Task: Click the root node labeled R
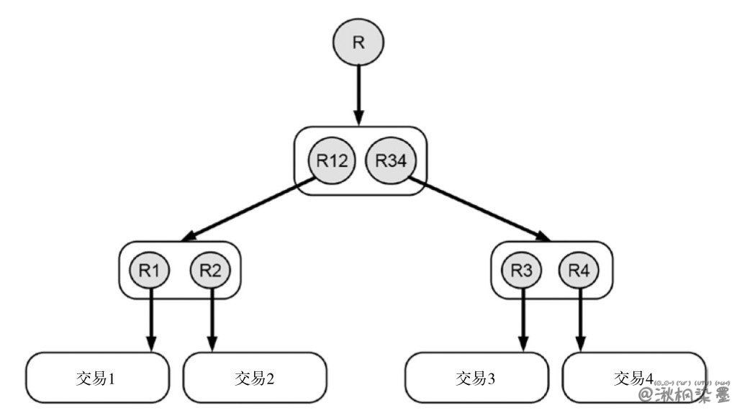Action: pyautogui.click(x=358, y=42)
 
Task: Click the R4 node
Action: pyautogui.click(x=580, y=270)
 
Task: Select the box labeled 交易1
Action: pyautogui.click(x=98, y=377)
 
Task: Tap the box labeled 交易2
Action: pyautogui.click(x=255, y=377)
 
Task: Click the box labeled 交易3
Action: pyautogui.click(x=476, y=377)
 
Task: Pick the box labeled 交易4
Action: pyautogui.click(x=619, y=377)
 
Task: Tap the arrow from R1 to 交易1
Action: pyautogui.click(x=151, y=320)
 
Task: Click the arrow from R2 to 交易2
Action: pyautogui.click(x=212, y=320)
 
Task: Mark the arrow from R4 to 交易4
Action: pyautogui.click(x=580, y=320)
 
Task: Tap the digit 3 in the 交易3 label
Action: pyautogui.click(x=491, y=378)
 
